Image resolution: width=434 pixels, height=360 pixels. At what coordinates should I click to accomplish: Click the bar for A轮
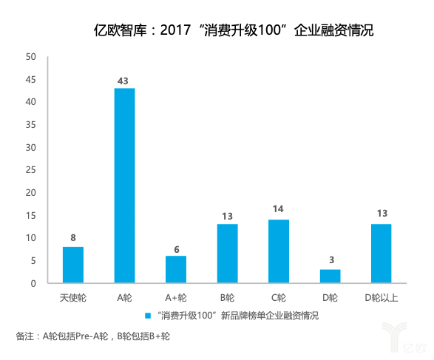(x=124, y=186)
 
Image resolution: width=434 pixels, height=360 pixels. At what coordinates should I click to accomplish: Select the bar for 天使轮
(x=73, y=265)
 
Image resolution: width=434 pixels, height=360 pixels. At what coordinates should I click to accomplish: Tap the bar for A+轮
(x=176, y=269)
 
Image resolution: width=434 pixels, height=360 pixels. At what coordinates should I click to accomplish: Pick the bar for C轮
(x=279, y=251)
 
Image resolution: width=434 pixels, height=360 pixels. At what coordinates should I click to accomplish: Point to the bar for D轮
(x=330, y=276)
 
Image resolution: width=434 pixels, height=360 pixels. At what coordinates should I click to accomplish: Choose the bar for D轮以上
(x=382, y=254)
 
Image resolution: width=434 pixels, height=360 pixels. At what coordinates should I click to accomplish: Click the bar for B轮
(x=227, y=254)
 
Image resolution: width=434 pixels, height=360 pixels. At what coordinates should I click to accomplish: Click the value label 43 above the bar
(x=124, y=79)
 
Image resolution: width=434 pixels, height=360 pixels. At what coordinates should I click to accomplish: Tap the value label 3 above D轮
(x=330, y=260)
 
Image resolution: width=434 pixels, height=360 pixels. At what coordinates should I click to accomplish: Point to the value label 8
(x=73, y=238)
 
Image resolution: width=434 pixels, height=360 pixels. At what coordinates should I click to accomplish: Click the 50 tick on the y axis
(x=30, y=57)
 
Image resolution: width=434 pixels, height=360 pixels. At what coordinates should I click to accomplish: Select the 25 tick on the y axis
(x=30, y=170)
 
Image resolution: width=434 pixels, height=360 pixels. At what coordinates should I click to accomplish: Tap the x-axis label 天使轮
(x=73, y=298)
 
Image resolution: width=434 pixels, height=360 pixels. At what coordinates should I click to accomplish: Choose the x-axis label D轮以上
(x=382, y=298)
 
